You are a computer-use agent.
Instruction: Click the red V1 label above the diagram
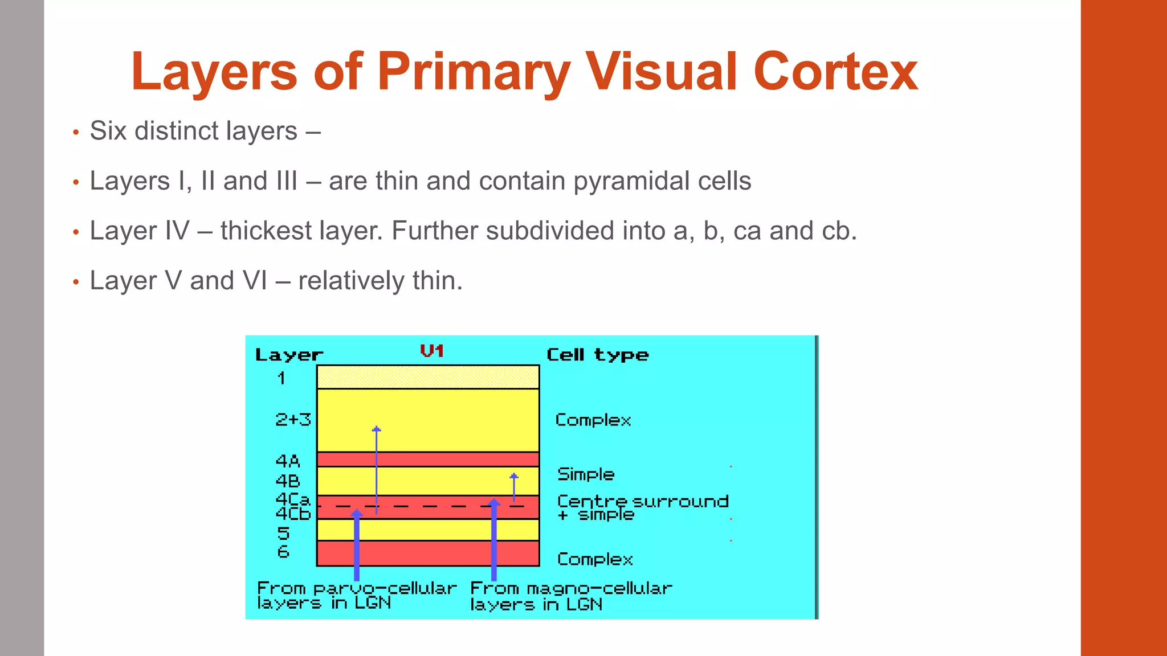(x=432, y=351)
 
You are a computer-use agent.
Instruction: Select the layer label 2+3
(x=293, y=420)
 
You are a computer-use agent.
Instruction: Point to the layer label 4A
(x=288, y=460)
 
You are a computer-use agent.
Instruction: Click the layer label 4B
(x=288, y=481)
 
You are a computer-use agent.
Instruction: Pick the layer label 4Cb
(x=293, y=514)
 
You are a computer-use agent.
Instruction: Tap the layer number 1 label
(x=281, y=378)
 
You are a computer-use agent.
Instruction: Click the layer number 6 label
(x=283, y=551)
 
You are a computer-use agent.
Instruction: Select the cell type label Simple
(x=586, y=474)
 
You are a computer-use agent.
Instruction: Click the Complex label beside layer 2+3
(x=593, y=420)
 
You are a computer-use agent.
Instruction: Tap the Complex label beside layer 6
(x=595, y=559)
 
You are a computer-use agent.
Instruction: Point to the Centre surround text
(x=643, y=501)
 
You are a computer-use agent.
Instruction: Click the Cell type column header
(x=597, y=355)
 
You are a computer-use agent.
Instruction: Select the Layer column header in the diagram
(x=289, y=355)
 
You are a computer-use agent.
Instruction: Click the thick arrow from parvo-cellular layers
(x=357, y=547)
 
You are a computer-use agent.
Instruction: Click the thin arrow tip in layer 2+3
(x=376, y=429)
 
